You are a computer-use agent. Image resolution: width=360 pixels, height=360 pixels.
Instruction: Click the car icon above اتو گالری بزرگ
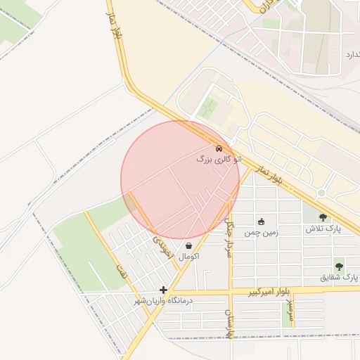tap(219, 148)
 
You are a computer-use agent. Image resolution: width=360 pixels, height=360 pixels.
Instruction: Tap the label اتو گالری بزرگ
tap(219, 160)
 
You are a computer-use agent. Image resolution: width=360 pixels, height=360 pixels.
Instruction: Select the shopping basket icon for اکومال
tap(188, 246)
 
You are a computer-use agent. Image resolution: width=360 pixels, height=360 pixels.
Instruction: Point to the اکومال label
tap(189, 257)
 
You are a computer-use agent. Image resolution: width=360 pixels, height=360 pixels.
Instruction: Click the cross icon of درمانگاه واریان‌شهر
tap(163, 290)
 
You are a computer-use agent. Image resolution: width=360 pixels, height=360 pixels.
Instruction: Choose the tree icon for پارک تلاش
tap(323, 218)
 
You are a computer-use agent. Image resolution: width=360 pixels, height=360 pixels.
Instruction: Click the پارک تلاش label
tap(323, 229)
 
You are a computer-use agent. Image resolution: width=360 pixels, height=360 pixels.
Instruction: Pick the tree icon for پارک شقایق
tap(339, 266)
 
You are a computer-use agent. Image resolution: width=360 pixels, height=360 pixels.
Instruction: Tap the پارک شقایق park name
tap(339, 278)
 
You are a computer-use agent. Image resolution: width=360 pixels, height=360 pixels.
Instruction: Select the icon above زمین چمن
tap(262, 221)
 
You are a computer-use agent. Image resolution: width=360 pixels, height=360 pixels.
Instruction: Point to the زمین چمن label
tap(261, 233)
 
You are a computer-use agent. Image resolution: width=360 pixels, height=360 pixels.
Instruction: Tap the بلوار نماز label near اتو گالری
tap(269, 177)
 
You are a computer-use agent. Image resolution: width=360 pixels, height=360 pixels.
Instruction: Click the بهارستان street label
tap(229, 321)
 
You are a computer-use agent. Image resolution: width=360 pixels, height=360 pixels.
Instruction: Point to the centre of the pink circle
tap(181, 180)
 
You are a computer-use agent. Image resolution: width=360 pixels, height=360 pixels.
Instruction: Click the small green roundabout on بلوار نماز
tap(321, 193)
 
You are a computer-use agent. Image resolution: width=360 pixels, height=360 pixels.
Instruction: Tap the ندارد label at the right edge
tap(352, 54)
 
